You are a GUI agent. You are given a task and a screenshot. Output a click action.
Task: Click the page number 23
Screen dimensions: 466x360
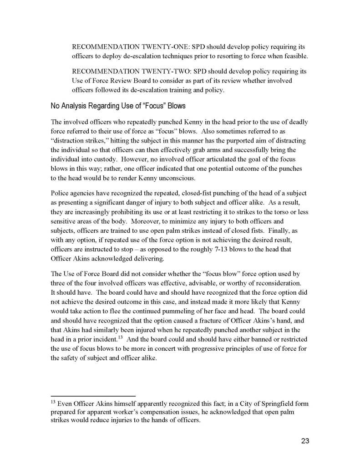pos(305,440)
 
